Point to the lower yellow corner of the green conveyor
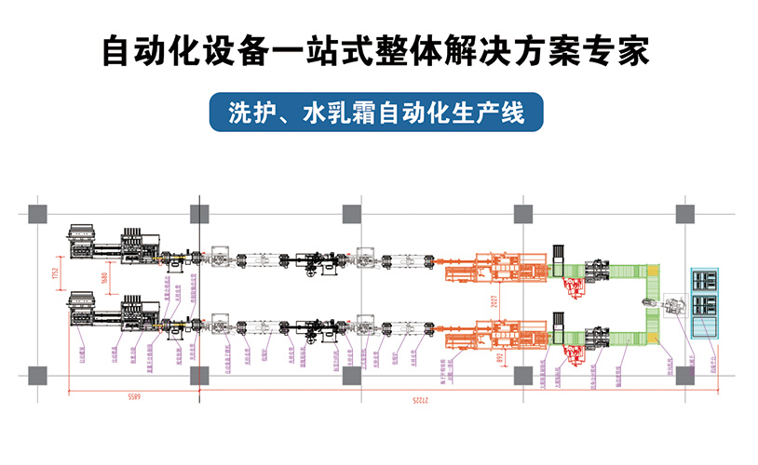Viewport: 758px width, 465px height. point(653,328)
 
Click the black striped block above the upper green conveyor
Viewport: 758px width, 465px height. point(560,253)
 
